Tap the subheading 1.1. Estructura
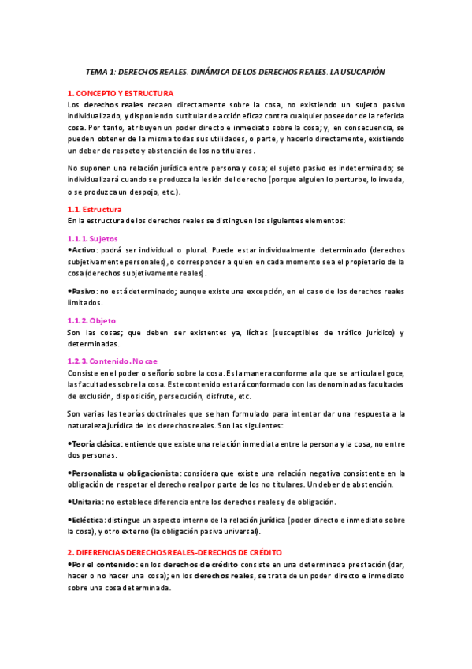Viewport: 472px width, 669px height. [95, 209]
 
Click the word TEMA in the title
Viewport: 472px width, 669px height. [97, 71]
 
